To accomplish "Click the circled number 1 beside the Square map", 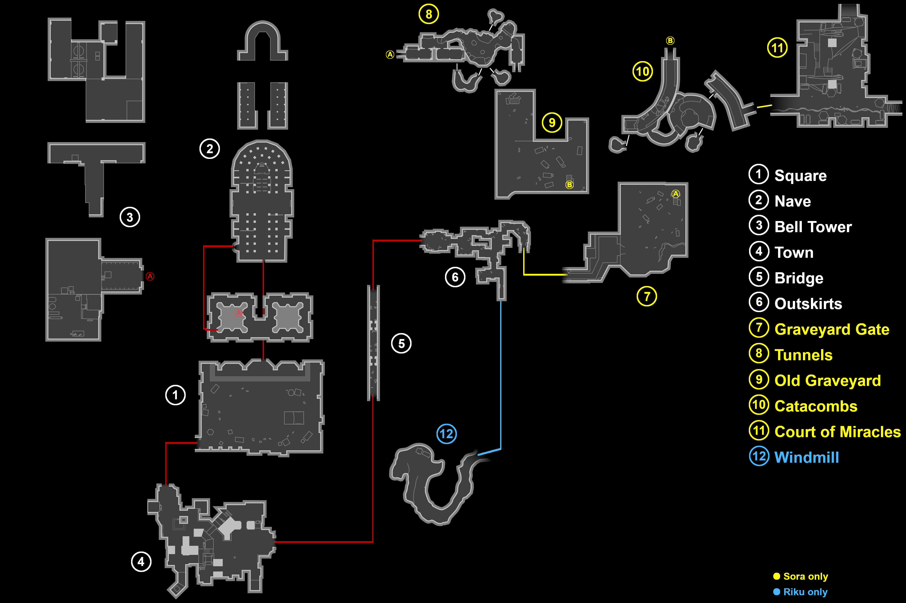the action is click(x=176, y=395).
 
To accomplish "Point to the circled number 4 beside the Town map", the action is click(x=141, y=562).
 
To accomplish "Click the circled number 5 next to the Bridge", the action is click(x=401, y=343).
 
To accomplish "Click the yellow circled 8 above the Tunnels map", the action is click(x=429, y=14).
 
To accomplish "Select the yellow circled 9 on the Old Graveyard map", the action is click(x=552, y=123).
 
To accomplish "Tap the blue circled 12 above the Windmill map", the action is click(x=447, y=434).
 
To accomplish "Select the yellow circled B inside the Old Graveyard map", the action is click(x=570, y=185).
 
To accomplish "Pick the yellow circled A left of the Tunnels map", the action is click(x=390, y=55).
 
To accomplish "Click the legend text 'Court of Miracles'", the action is click(x=837, y=432).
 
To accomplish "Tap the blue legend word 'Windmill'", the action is click(x=807, y=458).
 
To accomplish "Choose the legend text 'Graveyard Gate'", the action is click(x=832, y=329).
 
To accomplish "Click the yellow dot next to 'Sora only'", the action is click(x=777, y=576).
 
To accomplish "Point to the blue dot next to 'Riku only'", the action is click(x=777, y=592).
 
